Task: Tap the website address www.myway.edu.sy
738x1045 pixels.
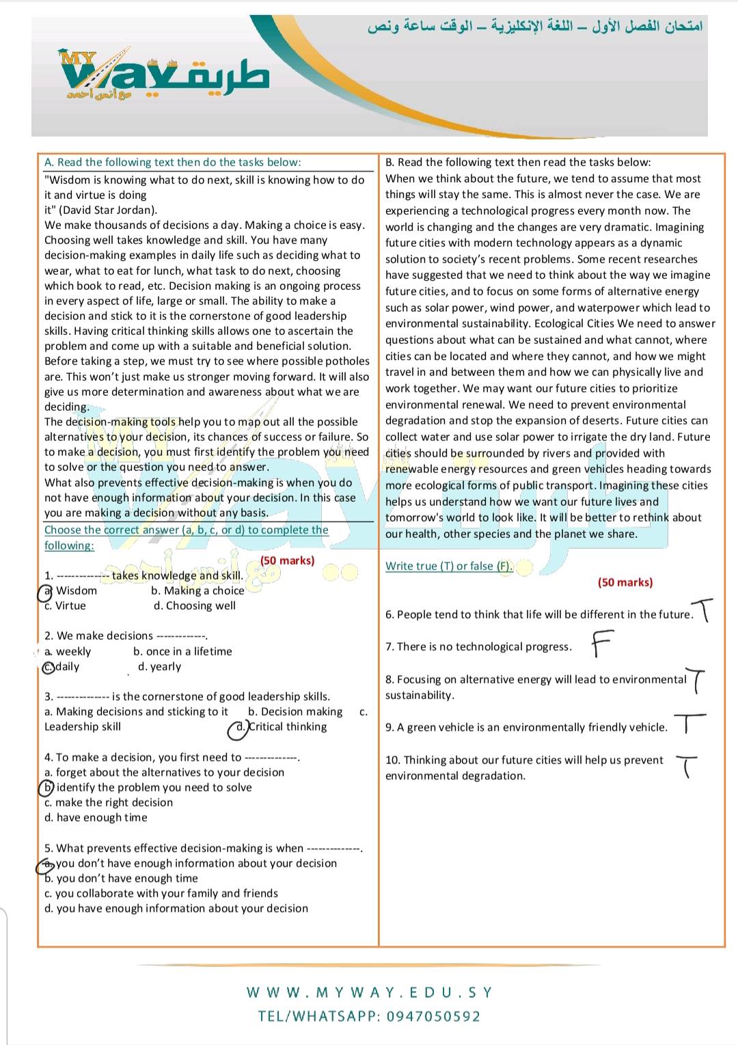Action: [369, 992]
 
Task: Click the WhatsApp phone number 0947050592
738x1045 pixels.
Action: [433, 1016]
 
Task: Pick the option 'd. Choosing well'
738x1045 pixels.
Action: [195, 606]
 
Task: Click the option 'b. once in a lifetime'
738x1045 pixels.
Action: [182, 652]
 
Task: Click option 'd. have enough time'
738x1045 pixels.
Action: [96, 817]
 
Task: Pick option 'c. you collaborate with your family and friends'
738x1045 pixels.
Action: [161, 893]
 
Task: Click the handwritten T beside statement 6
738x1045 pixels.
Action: [703, 610]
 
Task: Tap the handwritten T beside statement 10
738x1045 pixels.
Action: [687, 766]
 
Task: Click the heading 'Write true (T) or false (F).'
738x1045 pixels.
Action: [449, 566]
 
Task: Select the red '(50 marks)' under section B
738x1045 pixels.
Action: [625, 582]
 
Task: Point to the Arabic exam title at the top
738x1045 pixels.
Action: [535, 28]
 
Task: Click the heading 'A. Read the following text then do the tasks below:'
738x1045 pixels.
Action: [172, 162]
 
